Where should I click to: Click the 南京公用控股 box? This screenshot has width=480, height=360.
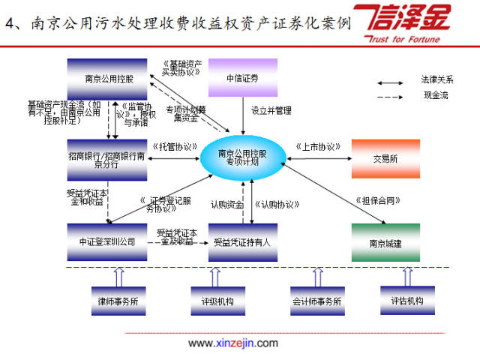pyautogui.click(x=109, y=77)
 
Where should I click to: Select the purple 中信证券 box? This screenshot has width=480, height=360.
pyautogui.click(x=242, y=77)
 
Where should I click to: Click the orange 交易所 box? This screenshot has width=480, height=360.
pyautogui.click(x=385, y=158)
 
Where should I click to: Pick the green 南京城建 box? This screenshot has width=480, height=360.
pyautogui.click(x=385, y=242)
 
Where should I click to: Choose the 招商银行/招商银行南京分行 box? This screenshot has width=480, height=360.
pyautogui.click(x=109, y=158)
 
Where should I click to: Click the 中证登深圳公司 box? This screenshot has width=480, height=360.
pyautogui.click(x=109, y=242)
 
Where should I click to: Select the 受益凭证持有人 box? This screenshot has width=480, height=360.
pyautogui.click(x=241, y=242)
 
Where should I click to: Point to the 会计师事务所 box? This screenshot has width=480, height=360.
pyautogui.click(x=316, y=301)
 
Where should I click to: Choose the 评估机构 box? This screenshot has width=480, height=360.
pyautogui.click(x=407, y=301)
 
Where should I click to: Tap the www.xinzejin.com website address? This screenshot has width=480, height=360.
pyautogui.click(x=232, y=343)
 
